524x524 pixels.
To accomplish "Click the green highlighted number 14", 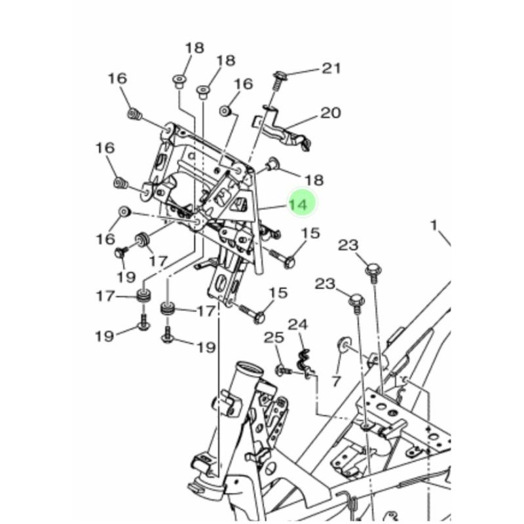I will tap(298, 204).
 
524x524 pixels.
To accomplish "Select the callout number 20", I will tap(330, 113).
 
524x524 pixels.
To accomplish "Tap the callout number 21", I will tap(331, 68).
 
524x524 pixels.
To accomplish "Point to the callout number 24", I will tap(298, 324).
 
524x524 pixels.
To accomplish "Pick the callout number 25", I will tap(273, 338).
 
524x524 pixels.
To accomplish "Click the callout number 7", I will tap(337, 381).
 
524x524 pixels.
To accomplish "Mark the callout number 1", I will tap(433, 225).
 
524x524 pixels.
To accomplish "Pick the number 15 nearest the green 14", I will tap(310, 233).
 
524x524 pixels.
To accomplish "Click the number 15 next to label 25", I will tap(278, 292).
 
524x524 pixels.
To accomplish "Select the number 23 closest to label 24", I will tap(326, 284).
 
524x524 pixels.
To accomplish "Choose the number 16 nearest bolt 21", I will tap(243, 84).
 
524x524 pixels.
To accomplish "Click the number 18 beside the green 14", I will tap(315, 179).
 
